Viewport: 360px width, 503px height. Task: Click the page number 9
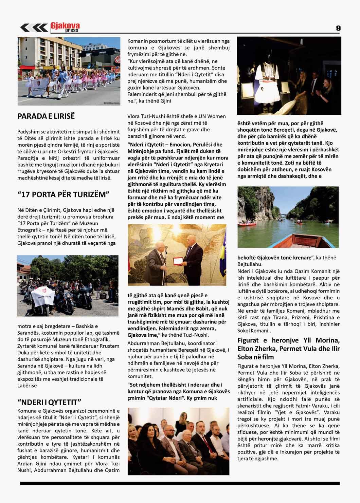click(x=338, y=28)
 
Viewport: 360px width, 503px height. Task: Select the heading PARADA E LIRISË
click(x=46, y=116)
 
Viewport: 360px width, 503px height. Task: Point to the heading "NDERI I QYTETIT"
click(x=49, y=402)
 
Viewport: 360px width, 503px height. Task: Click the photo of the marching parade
click(x=69, y=71)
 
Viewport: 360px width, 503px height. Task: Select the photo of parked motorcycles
click(x=68, y=285)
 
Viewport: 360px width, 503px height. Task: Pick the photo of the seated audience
click(x=178, y=441)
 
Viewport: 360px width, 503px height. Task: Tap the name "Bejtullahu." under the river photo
click(x=250, y=264)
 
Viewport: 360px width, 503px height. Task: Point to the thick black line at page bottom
click(x=180, y=483)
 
